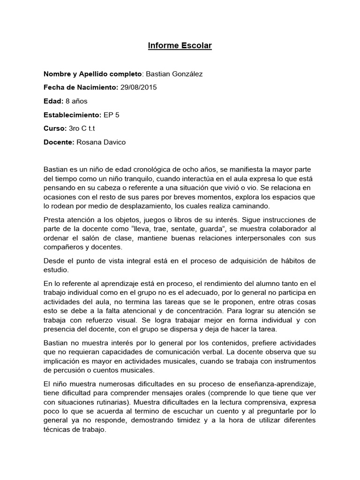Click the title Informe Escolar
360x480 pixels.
(x=180, y=46)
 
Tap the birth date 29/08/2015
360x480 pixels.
(x=139, y=88)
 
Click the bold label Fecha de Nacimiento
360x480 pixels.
(x=80, y=88)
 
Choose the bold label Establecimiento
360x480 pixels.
(x=72, y=115)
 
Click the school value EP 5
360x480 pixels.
(x=112, y=115)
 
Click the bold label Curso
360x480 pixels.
(x=55, y=128)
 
